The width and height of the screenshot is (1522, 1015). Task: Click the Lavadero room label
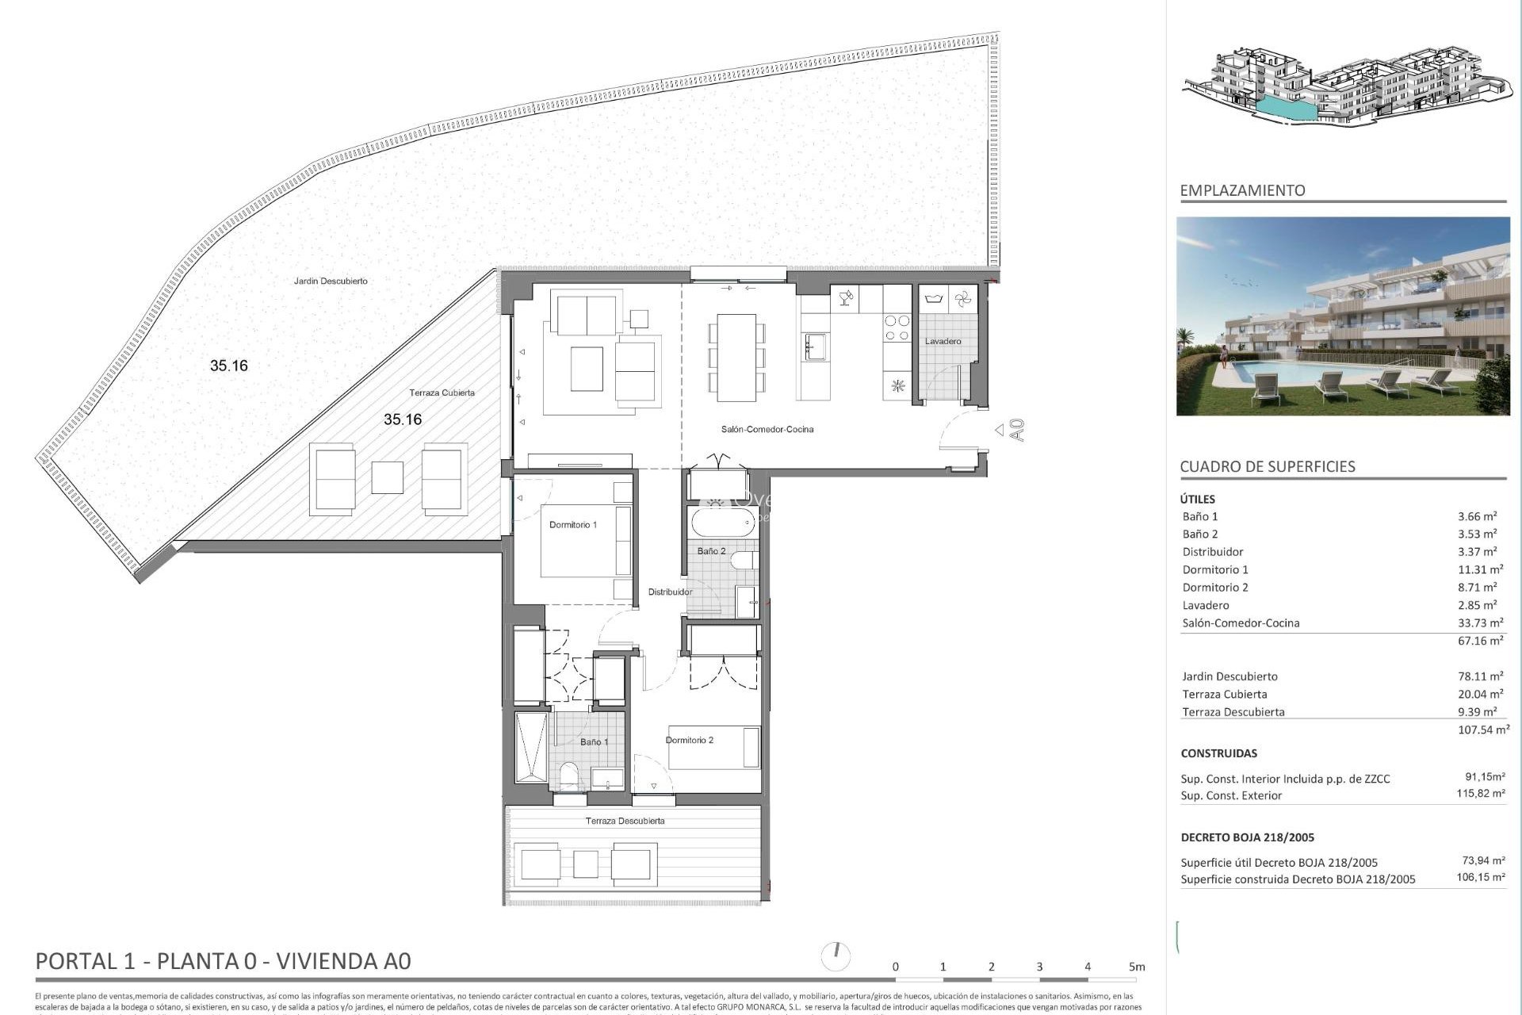943,341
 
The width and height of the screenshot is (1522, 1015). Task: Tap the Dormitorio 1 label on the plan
572,525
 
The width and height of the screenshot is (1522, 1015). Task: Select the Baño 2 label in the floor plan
711,551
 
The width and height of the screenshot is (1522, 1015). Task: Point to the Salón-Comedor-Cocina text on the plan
767,430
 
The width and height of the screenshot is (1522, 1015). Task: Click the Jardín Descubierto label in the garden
331,282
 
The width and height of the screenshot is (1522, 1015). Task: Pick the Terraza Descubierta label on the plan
625,822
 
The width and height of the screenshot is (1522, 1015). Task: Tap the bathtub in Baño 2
722,522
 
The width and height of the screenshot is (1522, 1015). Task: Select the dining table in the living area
736,357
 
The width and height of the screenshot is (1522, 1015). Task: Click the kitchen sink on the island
816,347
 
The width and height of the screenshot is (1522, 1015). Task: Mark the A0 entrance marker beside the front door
1017,430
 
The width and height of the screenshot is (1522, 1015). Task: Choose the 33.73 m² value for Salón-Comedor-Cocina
1480,623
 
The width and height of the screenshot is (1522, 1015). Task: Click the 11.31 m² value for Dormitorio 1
1480,569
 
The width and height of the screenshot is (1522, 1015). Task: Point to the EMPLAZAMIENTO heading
1242,190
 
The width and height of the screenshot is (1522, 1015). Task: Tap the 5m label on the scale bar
1137,967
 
